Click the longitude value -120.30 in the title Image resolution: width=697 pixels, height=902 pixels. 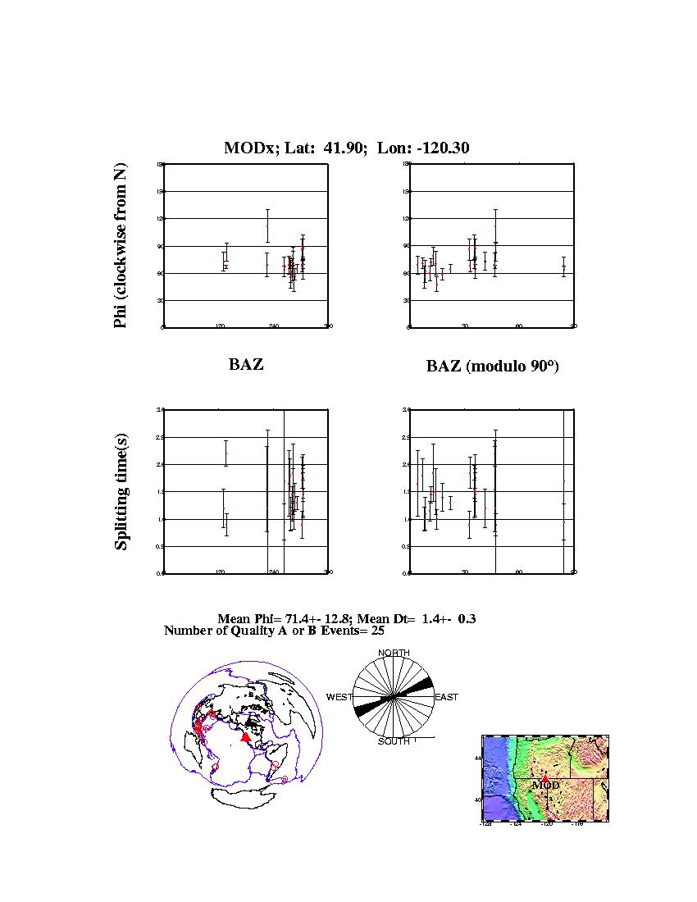pyautogui.click(x=445, y=148)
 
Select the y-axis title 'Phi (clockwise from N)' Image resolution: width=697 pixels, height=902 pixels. pyautogui.click(x=121, y=246)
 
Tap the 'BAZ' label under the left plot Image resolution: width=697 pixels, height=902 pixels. pyautogui.click(x=246, y=365)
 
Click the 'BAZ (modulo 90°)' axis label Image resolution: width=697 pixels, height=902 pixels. pyautogui.click(x=492, y=367)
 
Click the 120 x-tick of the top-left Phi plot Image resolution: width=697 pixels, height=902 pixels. pyautogui.click(x=220, y=326)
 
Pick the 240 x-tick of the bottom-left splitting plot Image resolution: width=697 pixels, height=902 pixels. pyautogui.click(x=274, y=572)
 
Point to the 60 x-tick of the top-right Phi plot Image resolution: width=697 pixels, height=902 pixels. pyautogui.click(x=519, y=326)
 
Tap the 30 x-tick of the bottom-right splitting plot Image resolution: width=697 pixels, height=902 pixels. pyautogui.click(x=465, y=572)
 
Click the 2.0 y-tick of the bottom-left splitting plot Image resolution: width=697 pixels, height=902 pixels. pyautogui.click(x=160, y=464)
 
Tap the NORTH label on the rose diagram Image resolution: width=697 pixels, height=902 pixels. pyautogui.click(x=394, y=653)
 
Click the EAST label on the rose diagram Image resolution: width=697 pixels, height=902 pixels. pyautogui.click(x=446, y=697)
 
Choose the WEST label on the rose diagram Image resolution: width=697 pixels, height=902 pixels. pyautogui.click(x=339, y=697)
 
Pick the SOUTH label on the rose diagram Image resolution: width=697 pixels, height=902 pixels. pyautogui.click(x=394, y=741)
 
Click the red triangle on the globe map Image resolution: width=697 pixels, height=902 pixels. pyautogui.click(x=245, y=737)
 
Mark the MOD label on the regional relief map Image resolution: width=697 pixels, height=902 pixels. pyautogui.click(x=545, y=785)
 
